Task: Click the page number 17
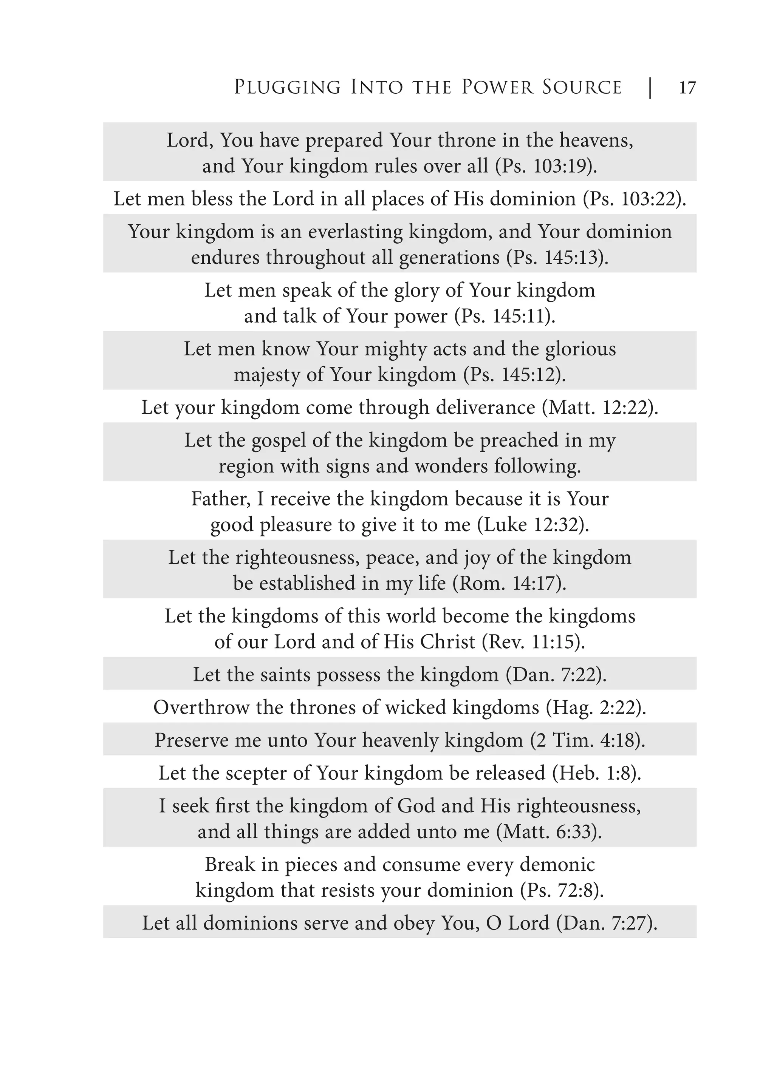(x=687, y=88)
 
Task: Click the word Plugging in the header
(x=287, y=88)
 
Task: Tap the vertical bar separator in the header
(x=650, y=88)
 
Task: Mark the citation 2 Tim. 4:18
(x=588, y=741)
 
